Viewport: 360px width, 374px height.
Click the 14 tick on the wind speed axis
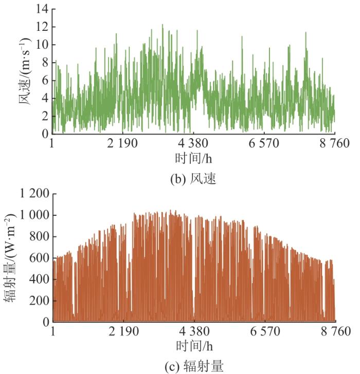(x=42, y=9)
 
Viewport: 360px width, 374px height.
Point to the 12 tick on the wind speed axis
(x=42, y=27)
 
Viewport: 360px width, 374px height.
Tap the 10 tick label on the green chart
(x=42, y=45)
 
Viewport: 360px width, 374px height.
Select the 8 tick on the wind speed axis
(x=44, y=63)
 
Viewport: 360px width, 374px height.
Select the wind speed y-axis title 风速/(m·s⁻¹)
(x=25, y=71)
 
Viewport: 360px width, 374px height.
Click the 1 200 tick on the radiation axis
(x=34, y=194)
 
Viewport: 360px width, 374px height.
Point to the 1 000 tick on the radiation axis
(x=34, y=215)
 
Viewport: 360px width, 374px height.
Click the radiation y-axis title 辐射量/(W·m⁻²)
(x=11, y=258)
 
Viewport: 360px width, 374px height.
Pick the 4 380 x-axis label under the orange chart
(x=194, y=331)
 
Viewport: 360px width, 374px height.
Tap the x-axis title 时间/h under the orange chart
(x=193, y=344)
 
